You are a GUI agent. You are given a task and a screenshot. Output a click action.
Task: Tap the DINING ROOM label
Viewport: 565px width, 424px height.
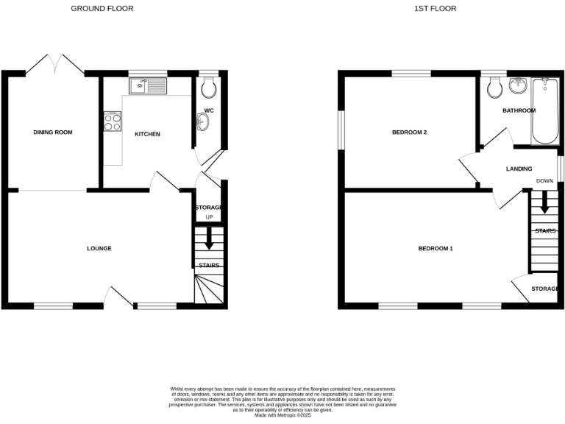pyautogui.click(x=53, y=132)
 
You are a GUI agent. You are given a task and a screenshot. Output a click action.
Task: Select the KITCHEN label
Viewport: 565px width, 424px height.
pyautogui.click(x=147, y=134)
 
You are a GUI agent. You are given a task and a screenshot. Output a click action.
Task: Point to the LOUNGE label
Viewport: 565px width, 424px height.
pyautogui.click(x=99, y=249)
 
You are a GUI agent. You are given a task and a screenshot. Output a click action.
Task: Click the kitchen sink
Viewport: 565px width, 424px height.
pyautogui.click(x=147, y=87)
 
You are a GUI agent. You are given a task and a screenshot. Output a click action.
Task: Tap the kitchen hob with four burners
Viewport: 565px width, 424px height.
pyautogui.click(x=113, y=121)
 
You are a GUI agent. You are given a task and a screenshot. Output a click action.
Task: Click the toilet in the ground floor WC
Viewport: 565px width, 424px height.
pyautogui.click(x=208, y=88)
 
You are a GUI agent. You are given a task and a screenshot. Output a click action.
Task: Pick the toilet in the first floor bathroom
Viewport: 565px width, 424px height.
pyautogui.click(x=494, y=86)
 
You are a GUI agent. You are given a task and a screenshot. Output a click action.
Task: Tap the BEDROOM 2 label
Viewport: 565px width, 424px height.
pyautogui.click(x=410, y=133)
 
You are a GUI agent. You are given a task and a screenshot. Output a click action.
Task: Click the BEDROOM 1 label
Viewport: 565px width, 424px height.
pyautogui.click(x=436, y=249)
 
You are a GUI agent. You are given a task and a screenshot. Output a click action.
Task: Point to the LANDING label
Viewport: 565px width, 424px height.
pyautogui.click(x=519, y=169)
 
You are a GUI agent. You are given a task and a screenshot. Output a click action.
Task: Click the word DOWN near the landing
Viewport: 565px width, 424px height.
pyautogui.click(x=544, y=181)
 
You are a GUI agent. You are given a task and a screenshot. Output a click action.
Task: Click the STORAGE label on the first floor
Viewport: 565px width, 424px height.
pyautogui.click(x=545, y=289)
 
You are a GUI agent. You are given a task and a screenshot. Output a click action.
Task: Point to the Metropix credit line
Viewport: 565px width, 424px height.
pyautogui.click(x=282, y=416)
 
